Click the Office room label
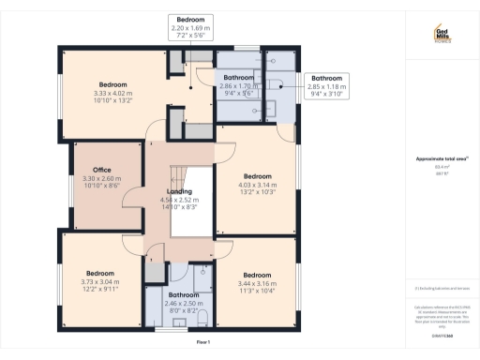(x=90, y=171)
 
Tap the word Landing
(x=180, y=191)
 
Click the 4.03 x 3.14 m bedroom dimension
(x=257, y=185)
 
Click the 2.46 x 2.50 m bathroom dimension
(x=177, y=304)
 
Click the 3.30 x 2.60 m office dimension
(x=90, y=179)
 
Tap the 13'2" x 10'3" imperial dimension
(x=257, y=192)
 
